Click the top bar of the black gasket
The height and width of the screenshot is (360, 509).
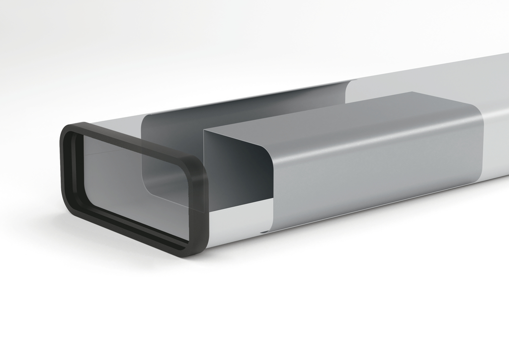pyautogui.click(x=134, y=144)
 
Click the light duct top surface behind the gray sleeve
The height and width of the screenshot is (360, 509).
pyautogui.click(x=423, y=80)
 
